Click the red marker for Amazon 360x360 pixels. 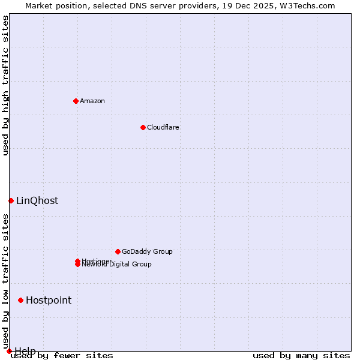coord(76,101)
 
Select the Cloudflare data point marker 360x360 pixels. coord(143,127)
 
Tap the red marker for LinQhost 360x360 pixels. coord(11,200)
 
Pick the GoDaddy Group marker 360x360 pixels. coord(118,251)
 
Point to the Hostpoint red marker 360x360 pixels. coord(20,300)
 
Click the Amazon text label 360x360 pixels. coord(92,101)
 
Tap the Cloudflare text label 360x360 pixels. coord(163,127)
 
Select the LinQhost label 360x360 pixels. coord(37,201)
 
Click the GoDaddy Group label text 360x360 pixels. coord(147,251)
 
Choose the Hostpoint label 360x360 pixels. coord(49,301)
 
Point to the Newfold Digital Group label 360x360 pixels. coord(117,265)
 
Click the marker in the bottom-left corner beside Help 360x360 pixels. coord(9,351)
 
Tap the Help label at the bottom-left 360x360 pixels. coord(25,351)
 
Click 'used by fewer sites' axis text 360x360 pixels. coord(62,356)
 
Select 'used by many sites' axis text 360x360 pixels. coord(301,356)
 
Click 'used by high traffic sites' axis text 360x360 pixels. coord(5,85)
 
